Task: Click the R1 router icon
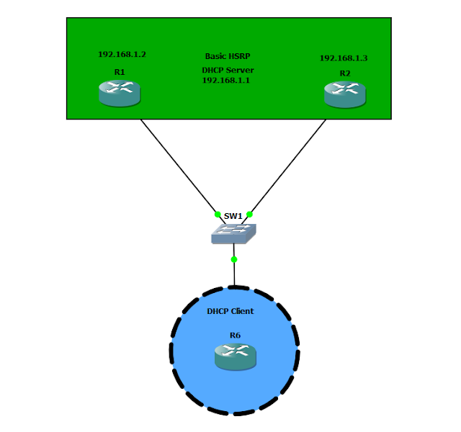pyautogui.click(x=120, y=93)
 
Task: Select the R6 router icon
pyautogui.click(x=235, y=356)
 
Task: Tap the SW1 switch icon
pyautogui.click(x=233, y=233)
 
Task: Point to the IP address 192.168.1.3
pyautogui.click(x=344, y=58)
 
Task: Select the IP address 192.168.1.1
pyautogui.click(x=226, y=81)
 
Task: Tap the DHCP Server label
pyautogui.click(x=228, y=71)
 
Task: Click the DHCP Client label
pyautogui.click(x=230, y=311)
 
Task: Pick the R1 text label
pyautogui.click(x=119, y=72)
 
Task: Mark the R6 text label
pyautogui.click(x=235, y=336)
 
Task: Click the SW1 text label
pyautogui.click(x=233, y=216)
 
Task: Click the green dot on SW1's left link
pyautogui.click(x=217, y=214)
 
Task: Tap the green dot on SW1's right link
pyautogui.click(x=249, y=214)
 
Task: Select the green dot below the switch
pyautogui.click(x=234, y=258)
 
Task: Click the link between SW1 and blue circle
pyautogui.click(x=234, y=274)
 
